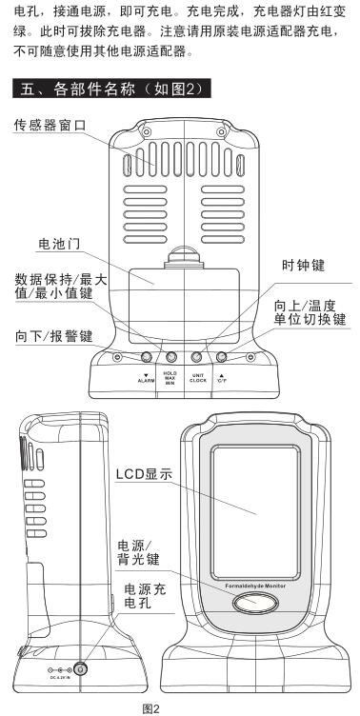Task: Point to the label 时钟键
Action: pyautogui.click(x=305, y=264)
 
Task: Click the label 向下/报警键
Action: pyautogui.click(x=53, y=335)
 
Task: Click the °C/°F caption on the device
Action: pyautogui.click(x=221, y=379)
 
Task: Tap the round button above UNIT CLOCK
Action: pyautogui.click(x=197, y=357)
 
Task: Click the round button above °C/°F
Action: pyautogui.click(x=221, y=357)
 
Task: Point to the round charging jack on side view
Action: pyautogui.click(x=81, y=668)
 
